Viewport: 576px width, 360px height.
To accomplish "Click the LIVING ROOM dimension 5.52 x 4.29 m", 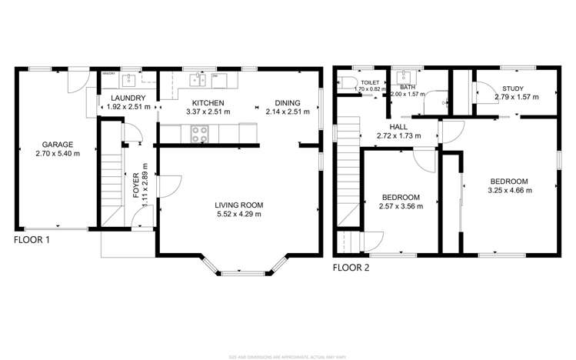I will pos(238,215).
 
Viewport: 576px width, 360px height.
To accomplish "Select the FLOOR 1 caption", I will pos(32,240).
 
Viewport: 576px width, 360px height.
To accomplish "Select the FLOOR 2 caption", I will pos(351,268).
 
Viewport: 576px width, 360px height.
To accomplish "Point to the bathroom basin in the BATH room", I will pos(403,78).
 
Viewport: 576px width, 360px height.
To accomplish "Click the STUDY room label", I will pos(513,88).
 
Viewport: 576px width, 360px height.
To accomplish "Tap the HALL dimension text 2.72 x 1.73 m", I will pos(398,136).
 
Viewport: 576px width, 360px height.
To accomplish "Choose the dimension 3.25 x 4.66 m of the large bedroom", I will pos(511,189).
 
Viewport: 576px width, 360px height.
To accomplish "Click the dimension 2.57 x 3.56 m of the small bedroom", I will pos(400,206).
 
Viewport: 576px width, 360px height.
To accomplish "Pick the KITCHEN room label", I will pos(208,102).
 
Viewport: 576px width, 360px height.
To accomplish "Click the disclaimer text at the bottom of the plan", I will pos(288,355).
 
